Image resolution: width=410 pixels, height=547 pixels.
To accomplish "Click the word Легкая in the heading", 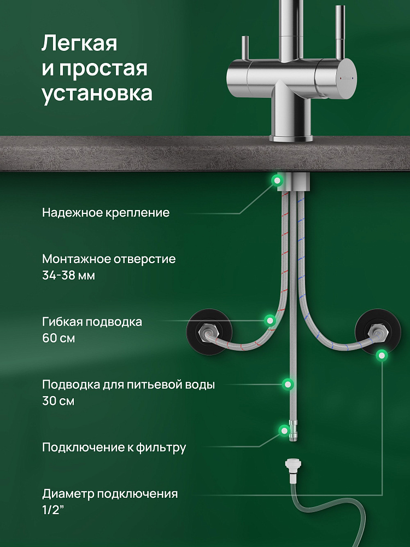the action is pos(79,44).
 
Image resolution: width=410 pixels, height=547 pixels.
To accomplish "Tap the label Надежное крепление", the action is pos(106,212).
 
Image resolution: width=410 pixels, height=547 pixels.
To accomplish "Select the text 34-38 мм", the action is pos(69,276).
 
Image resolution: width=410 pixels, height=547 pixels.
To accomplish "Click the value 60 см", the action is pos(58,338).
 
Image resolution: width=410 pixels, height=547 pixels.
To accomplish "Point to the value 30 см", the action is pos(58,400).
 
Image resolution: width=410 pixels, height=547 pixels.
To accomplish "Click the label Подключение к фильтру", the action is pos(114,447).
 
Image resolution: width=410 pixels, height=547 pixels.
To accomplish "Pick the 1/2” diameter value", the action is pos(54,510).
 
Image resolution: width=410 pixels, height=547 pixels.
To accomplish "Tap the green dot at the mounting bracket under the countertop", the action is pos(277,181).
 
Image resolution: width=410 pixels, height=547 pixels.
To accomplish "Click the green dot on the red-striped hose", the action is pos(270,320).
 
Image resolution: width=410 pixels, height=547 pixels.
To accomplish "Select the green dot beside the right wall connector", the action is pos(382,356).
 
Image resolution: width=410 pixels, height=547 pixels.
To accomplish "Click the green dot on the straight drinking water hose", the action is pos(288,384).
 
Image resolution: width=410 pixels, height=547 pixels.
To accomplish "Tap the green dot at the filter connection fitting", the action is pos(284,430).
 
